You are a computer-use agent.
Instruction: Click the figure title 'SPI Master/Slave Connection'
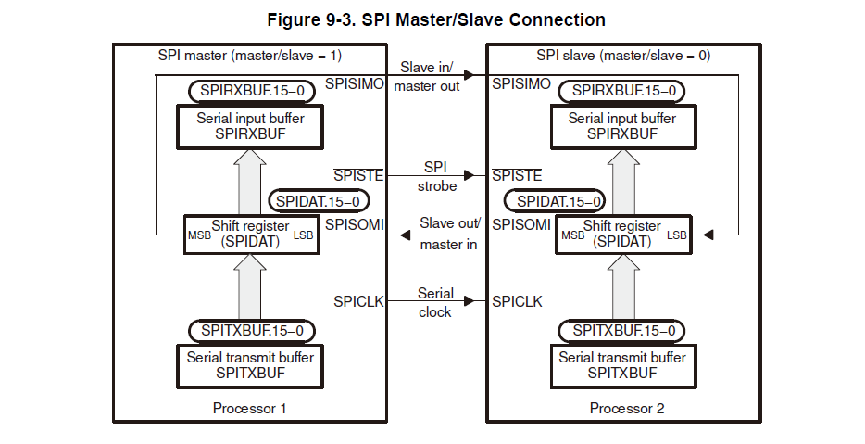point(436,19)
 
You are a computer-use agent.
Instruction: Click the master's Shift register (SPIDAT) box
point(250,235)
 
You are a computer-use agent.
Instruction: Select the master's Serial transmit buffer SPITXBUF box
point(250,365)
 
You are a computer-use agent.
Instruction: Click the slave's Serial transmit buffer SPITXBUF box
point(622,365)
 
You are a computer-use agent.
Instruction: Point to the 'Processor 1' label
point(250,408)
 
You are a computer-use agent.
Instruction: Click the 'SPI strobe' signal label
point(435,176)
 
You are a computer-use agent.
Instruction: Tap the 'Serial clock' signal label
point(435,302)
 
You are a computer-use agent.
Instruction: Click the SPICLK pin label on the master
point(358,301)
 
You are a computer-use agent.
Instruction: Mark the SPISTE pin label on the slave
point(516,175)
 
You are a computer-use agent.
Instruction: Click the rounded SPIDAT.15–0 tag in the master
point(319,201)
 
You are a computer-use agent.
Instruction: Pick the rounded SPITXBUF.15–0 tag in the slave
point(622,330)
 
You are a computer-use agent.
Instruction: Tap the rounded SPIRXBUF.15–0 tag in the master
point(250,91)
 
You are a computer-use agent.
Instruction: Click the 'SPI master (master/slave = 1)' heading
point(250,56)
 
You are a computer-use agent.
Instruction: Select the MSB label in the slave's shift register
point(574,235)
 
